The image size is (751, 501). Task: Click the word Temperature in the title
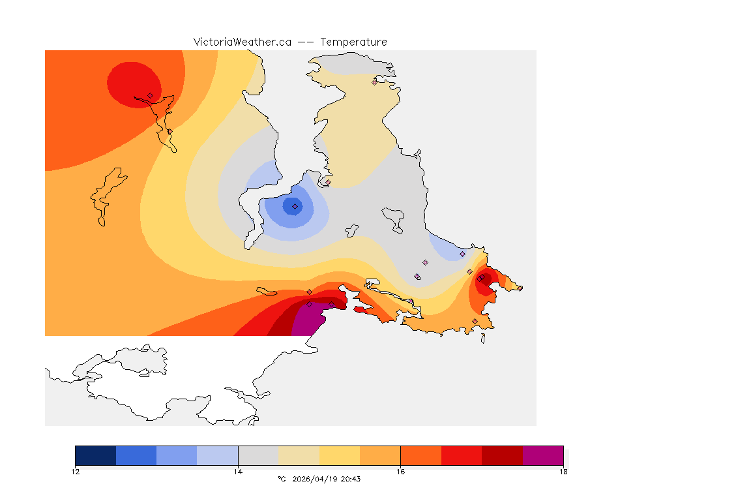point(353,42)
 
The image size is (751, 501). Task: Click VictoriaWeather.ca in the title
point(242,42)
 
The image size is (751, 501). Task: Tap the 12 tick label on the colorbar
point(75,472)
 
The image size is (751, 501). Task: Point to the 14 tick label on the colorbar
point(238,472)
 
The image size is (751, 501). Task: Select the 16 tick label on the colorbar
point(400,472)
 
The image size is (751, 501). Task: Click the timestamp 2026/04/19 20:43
point(325,479)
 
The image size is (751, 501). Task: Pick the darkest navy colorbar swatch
point(95,455)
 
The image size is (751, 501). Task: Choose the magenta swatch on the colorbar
point(543,455)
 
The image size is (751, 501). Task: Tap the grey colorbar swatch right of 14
point(258,455)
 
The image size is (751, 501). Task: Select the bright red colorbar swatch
point(462,455)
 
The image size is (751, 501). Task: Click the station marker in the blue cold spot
point(295,206)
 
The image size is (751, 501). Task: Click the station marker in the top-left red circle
point(150,95)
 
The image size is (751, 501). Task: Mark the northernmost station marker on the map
point(375,82)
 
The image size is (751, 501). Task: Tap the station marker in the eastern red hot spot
point(480,279)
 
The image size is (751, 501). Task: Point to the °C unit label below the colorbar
point(282,479)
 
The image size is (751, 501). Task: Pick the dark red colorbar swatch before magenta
point(502,455)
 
